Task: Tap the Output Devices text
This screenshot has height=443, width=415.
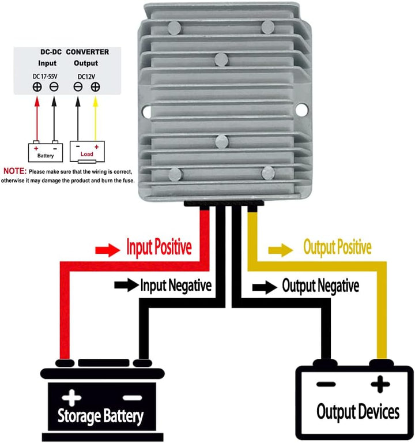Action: [357, 412]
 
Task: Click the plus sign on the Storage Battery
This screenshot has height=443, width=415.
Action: [71, 397]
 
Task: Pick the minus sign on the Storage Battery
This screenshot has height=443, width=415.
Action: [131, 397]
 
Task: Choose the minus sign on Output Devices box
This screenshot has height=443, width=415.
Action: [326, 384]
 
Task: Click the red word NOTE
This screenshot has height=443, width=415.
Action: [14, 172]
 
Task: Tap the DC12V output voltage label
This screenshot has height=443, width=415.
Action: [86, 75]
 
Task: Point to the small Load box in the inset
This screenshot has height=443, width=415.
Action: [87, 151]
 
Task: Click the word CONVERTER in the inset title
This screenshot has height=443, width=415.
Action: [87, 52]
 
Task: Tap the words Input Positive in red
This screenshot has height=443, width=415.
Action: [159, 249]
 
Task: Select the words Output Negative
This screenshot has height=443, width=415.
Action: [320, 286]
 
